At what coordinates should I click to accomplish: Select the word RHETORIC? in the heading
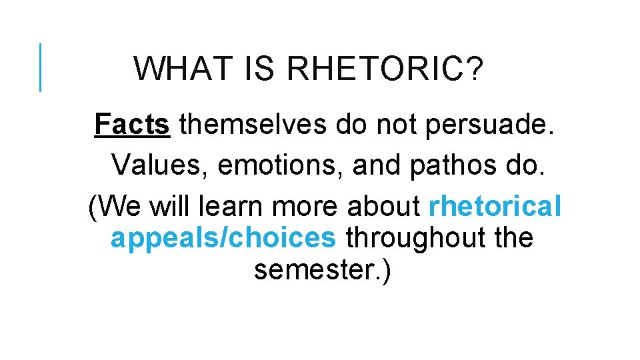point(386,69)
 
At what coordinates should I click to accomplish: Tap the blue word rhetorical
point(495,207)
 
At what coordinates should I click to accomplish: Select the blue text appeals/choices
point(223,238)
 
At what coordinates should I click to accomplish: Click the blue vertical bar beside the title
point(41,67)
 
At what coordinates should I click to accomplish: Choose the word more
point(304,207)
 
